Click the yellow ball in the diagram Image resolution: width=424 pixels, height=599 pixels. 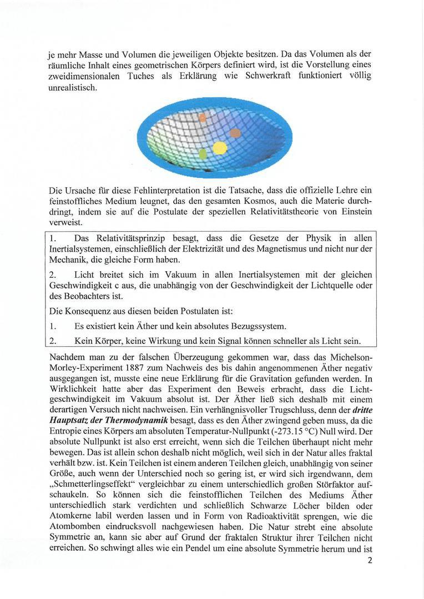click(220, 148)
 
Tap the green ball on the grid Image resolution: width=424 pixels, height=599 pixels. click(203, 153)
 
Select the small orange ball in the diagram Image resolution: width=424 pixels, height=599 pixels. click(203, 117)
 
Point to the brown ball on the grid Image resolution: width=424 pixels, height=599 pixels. click(235, 133)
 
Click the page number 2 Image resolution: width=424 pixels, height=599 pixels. click(369, 560)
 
